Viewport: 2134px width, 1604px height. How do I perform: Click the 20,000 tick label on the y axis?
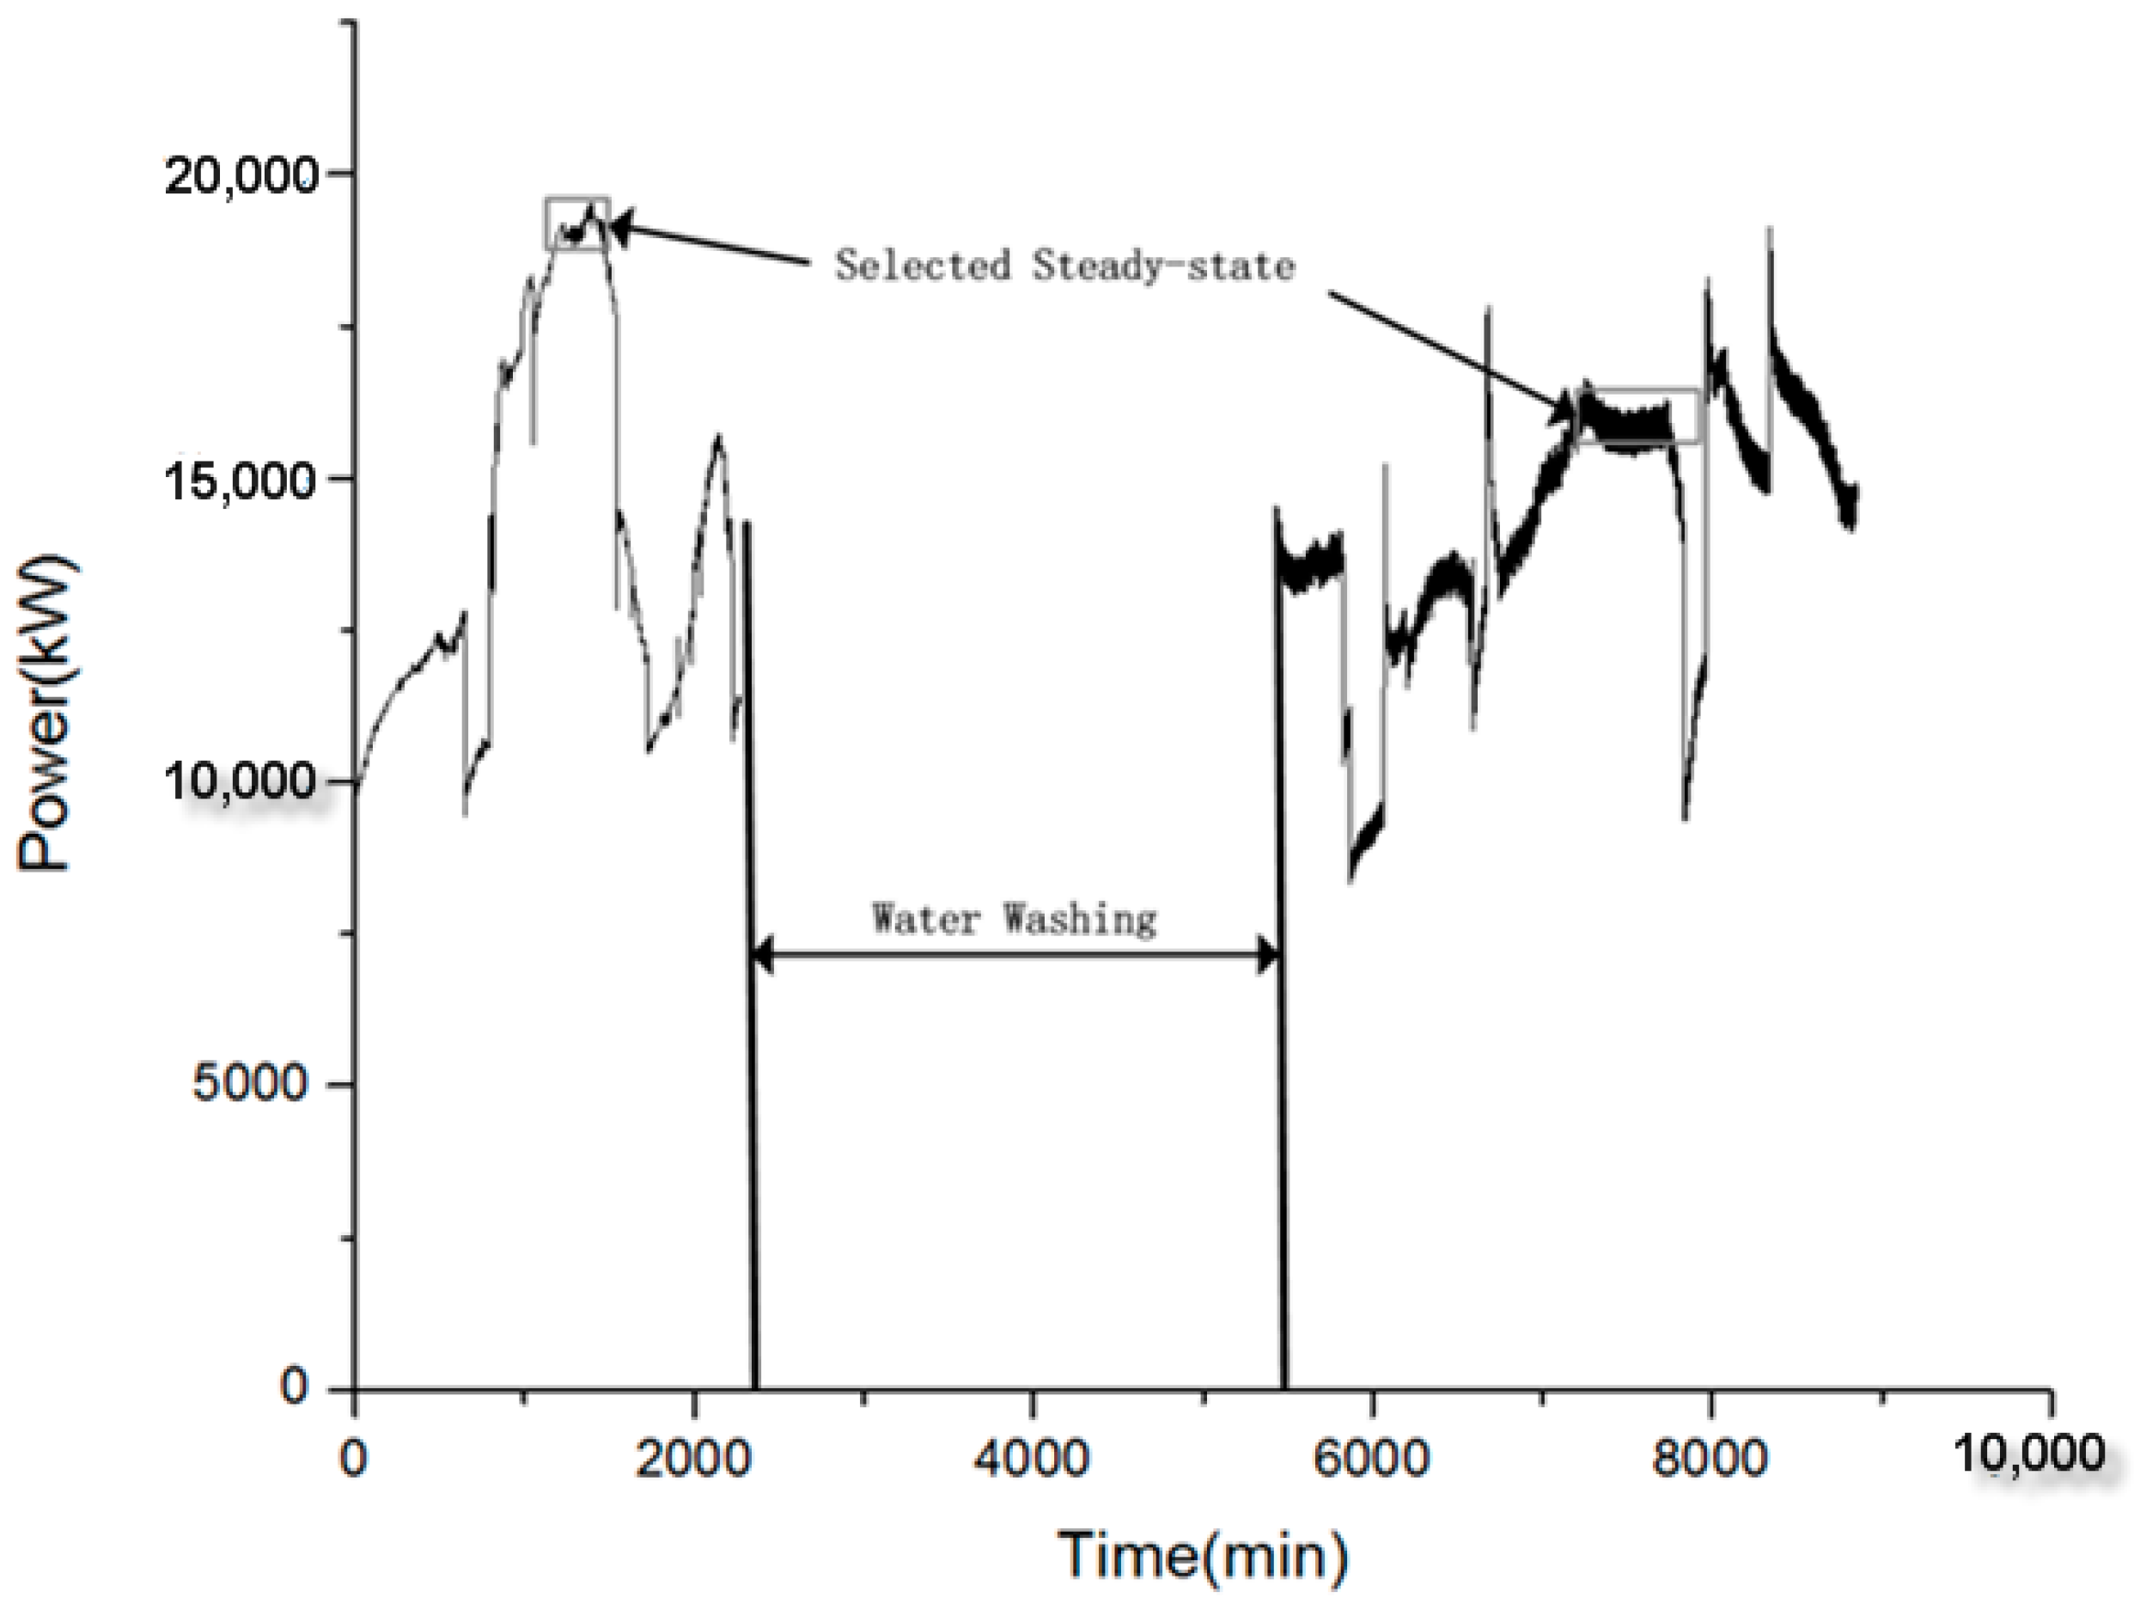(x=241, y=176)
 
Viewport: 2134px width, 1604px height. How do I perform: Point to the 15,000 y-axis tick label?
(x=241, y=480)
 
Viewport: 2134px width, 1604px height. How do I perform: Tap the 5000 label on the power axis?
(x=249, y=1084)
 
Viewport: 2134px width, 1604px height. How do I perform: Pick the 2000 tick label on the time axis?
(x=692, y=1458)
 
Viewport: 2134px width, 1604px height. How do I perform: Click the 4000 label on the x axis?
(x=1031, y=1458)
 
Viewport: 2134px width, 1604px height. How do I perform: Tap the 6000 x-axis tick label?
(x=1370, y=1458)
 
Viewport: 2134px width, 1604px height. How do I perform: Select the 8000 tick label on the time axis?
(x=1709, y=1458)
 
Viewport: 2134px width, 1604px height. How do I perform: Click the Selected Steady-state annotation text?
(x=1064, y=265)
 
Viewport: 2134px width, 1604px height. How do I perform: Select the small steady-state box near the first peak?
(x=577, y=223)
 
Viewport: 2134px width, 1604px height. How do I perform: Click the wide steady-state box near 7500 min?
(x=1637, y=416)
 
